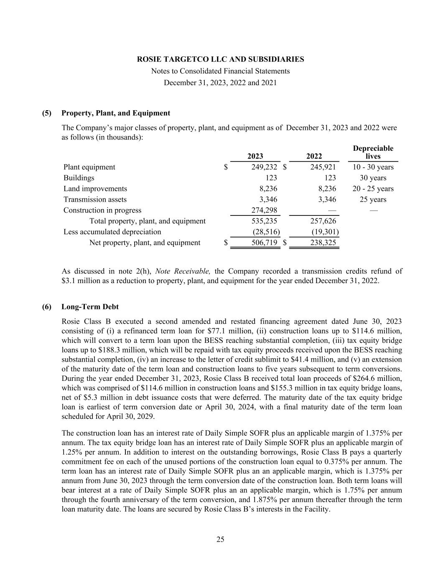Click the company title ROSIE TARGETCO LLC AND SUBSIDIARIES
click(220, 59)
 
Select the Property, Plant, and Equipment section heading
click(116, 113)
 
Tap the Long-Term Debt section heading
click(90, 307)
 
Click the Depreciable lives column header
click(373, 152)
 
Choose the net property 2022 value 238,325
click(323, 243)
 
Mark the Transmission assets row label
click(95, 200)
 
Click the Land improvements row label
click(95, 189)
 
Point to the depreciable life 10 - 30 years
click(373, 167)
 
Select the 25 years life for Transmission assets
click(373, 200)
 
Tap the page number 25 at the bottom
click(220, 540)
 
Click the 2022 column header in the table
click(314, 157)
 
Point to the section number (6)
click(47, 307)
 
